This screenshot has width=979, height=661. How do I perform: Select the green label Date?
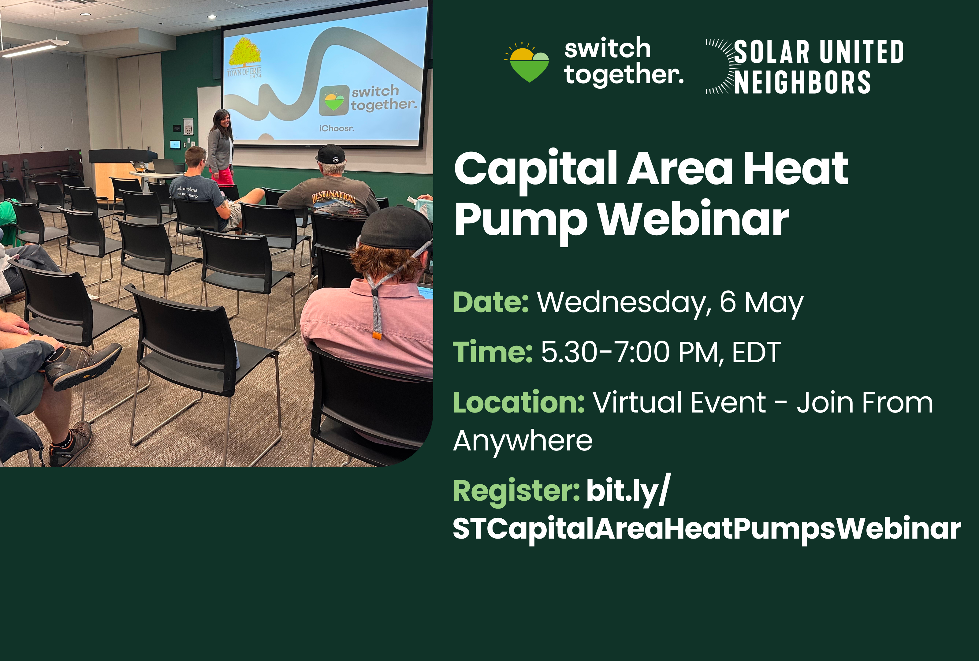(491, 302)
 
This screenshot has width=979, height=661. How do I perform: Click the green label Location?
(519, 402)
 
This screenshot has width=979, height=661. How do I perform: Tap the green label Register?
(516, 491)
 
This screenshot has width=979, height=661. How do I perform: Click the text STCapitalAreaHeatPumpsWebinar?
(707, 528)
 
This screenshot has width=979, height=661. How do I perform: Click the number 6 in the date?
(728, 302)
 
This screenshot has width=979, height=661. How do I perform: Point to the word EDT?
(757, 352)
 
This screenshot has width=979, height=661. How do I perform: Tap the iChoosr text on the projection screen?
(337, 128)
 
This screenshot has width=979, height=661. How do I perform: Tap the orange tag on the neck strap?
(377, 335)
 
